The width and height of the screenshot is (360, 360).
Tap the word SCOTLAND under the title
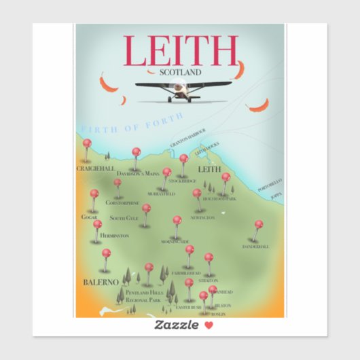180,71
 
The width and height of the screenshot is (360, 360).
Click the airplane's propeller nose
179,86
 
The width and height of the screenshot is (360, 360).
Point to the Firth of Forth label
130,124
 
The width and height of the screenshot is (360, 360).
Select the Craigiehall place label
96,167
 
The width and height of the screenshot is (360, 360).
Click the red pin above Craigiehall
87,143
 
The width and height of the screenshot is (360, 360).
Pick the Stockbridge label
182,181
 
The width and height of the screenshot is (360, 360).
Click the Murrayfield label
162,194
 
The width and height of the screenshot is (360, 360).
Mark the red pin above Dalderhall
258,224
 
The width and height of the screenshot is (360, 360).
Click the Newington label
202,217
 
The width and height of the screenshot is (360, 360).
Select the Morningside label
175,242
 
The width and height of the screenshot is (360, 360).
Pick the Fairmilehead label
186,273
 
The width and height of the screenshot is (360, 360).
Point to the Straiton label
209,281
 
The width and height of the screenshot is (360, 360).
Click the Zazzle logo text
177,325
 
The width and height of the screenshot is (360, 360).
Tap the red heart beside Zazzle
209,325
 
